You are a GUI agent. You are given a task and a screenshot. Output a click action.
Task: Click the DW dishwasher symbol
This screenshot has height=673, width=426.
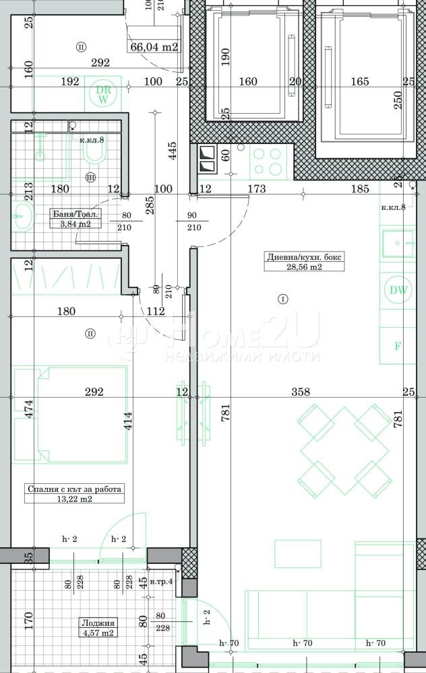(398, 290)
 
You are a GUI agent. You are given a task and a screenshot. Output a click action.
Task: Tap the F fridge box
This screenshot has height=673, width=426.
(398, 347)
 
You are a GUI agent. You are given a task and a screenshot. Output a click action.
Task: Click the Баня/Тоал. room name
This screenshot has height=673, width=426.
(75, 215)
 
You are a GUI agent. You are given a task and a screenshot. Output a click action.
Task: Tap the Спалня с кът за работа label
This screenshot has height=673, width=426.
(74, 489)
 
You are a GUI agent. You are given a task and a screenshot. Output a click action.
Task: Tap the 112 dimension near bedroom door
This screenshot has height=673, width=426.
(155, 311)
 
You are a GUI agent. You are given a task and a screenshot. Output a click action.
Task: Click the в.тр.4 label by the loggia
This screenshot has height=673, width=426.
(162, 581)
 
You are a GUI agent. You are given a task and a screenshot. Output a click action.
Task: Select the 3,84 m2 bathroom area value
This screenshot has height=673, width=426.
(75, 224)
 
